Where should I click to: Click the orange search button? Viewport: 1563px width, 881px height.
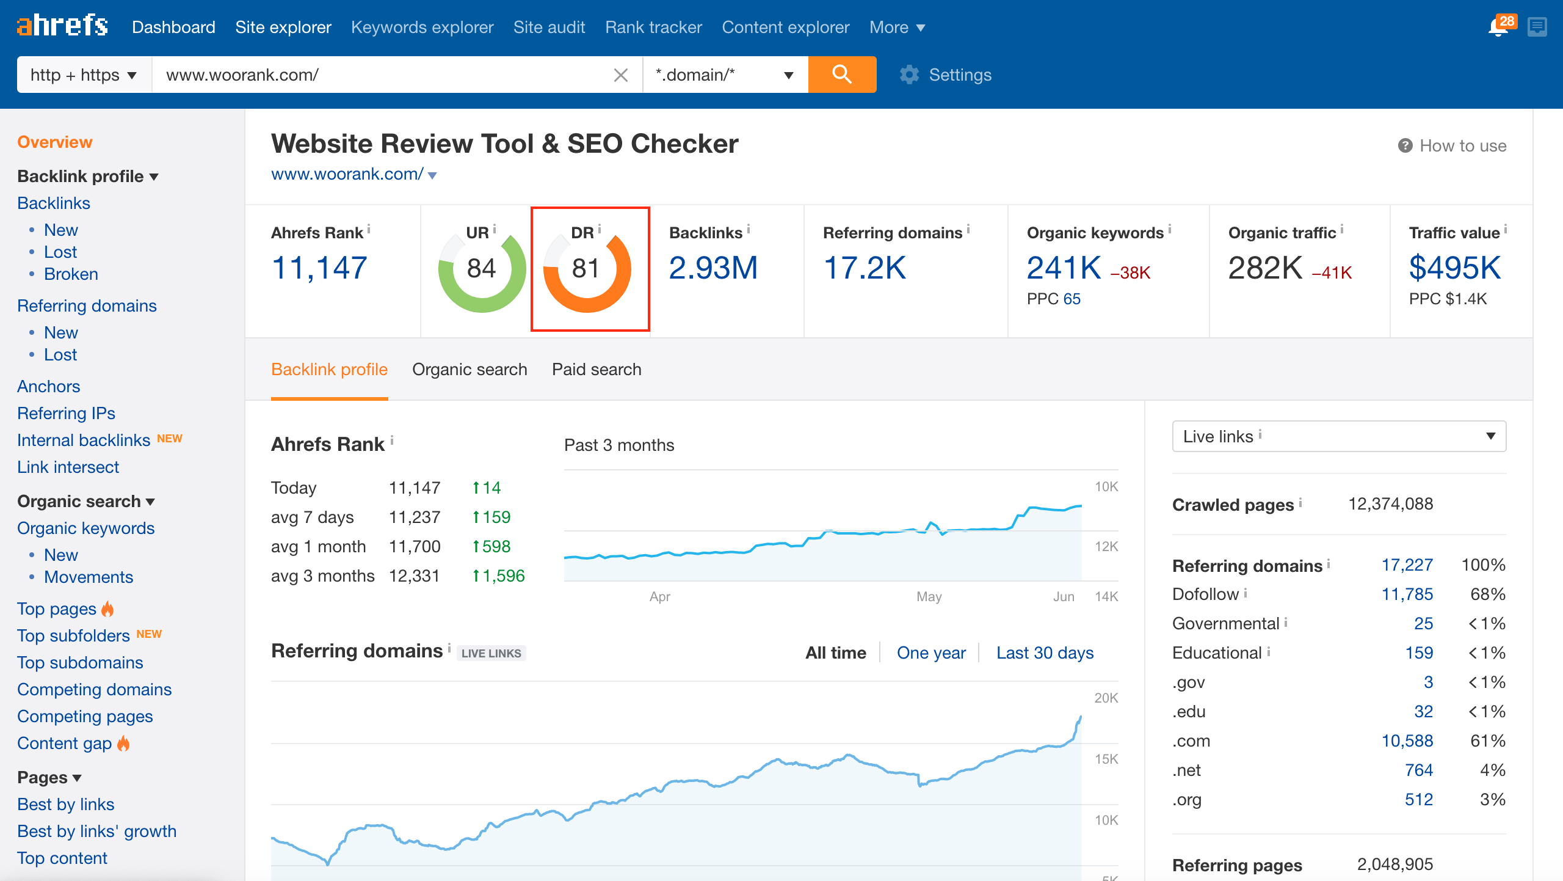tap(842, 75)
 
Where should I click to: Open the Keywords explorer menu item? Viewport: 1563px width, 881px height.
tap(422, 27)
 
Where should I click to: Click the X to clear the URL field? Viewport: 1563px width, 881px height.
tap(620, 75)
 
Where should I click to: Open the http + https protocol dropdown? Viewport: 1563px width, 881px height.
tap(84, 75)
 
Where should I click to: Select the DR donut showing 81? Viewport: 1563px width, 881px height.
tap(587, 269)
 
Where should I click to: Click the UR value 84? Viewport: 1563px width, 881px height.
tap(481, 269)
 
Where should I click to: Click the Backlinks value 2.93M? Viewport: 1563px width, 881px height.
tap(713, 268)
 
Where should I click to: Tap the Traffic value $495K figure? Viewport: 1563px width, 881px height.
tap(1454, 268)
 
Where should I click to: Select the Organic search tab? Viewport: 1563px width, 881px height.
tap(469, 370)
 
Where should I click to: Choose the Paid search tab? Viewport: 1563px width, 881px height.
tap(597, 370)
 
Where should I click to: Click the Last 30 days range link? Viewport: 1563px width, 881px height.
tap(1045, 653)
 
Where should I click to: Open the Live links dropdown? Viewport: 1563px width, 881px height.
tap(1338, 436)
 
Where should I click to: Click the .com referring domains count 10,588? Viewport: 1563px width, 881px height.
tap(1407, 741)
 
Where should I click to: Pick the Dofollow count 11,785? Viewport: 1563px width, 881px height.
tap(1407, 594)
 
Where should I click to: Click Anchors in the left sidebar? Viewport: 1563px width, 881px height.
tap(49, 387)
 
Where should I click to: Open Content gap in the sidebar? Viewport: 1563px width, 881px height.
tap(64, 744)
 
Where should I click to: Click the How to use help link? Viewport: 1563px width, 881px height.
tap(1453, 146)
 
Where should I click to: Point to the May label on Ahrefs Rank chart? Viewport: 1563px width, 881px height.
tap(929, 597)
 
